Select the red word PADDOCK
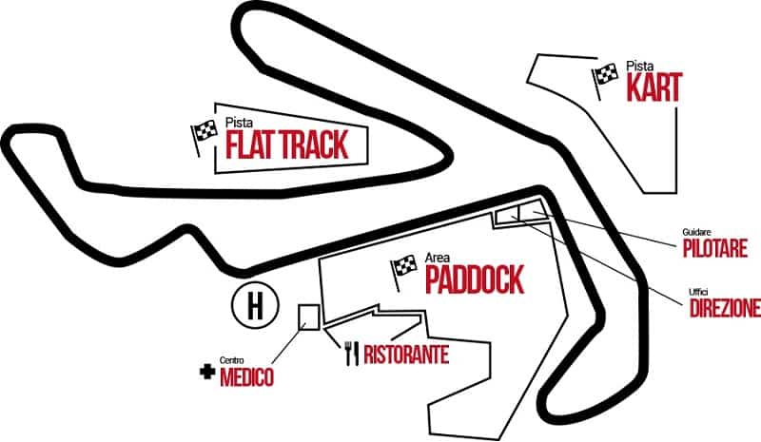pos(474,279)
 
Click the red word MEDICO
pos(246,378)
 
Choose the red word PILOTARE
pos(719,249)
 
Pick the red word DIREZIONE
pos(724,308)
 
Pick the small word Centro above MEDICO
pos(232,361)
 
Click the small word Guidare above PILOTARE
pos(697,232)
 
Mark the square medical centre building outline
pos(308,317)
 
